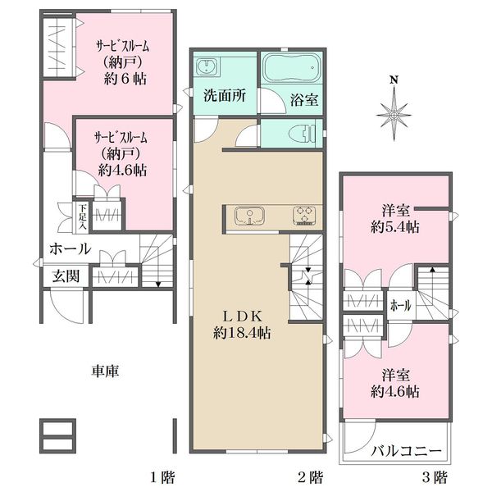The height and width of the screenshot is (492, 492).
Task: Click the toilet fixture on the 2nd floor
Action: tap(301, 134)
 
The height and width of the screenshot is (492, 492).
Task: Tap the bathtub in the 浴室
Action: tap(290, 67)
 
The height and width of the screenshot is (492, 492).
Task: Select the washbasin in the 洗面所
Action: tap(206, 66)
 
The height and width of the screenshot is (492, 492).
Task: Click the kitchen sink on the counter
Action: tap(249, 216)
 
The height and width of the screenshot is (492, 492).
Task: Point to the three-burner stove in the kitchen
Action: tap(304, 216)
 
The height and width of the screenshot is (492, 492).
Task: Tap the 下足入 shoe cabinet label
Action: tap(83, 216)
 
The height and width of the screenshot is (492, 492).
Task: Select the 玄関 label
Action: tap(66, 276)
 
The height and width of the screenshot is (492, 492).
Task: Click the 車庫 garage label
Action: tap(106, 371)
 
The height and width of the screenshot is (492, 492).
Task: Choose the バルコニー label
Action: tap(406, 452)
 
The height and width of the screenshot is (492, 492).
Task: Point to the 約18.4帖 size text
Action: tap(242, 333)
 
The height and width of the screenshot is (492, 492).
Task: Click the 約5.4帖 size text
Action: tap(395, 227)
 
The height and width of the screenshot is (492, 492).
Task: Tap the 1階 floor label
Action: tap(162, 478)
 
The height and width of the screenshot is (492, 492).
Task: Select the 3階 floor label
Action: tap(435, 478)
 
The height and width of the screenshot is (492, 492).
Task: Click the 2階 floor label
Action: tap(310, 478)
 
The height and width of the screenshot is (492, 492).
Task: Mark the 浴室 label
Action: tap(304, 100)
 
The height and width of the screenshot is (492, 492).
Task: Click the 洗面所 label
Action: tap(225, 96)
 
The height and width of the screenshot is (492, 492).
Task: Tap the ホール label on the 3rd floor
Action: tap(401, 305)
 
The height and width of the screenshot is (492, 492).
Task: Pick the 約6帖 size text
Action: tap(125, 79)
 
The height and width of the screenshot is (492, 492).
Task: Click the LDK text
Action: tap(242, 317)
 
